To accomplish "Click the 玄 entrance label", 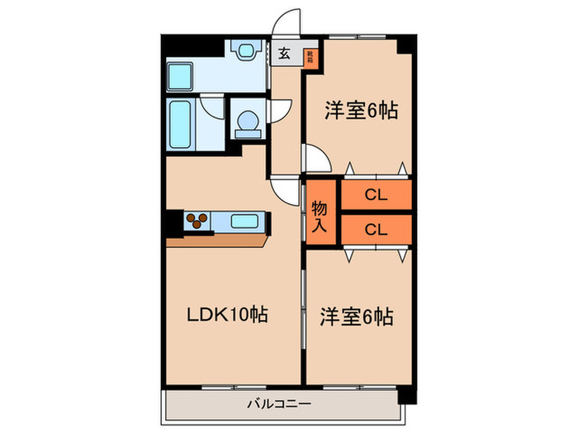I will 284,55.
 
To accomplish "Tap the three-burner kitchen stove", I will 197,220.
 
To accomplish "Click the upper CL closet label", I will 377,196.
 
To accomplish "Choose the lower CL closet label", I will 377,229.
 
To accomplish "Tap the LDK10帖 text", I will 226,315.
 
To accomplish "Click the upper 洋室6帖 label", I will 360,110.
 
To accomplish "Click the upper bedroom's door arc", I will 314,156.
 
